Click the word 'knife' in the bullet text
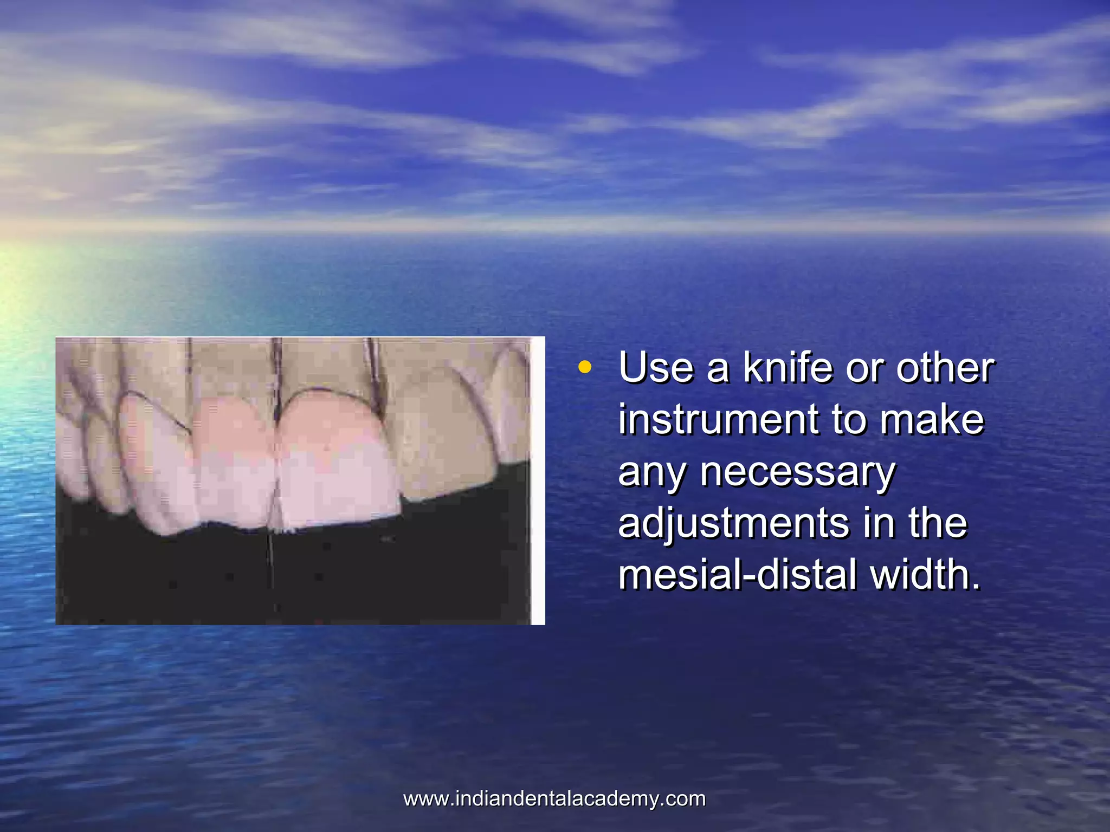click(788, 368)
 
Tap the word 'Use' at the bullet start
click(656, 368)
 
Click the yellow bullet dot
click(584, 368)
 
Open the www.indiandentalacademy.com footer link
click(554, 799)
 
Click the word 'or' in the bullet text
click(864, 369)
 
